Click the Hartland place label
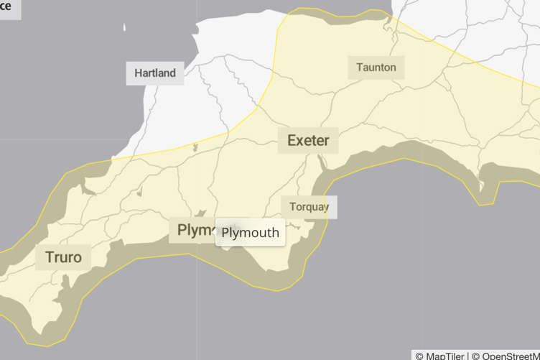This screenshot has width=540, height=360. [154, 73]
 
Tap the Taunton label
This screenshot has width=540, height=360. [376, 68]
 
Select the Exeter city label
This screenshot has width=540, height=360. [308, 140]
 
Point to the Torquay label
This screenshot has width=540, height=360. [309, 207]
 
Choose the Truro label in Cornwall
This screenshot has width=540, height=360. [63, 257]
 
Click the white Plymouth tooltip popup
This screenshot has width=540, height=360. [250, 233]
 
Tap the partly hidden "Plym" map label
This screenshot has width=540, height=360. [192, 230]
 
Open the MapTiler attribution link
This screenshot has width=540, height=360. [444, 355]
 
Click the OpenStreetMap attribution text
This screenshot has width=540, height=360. [509, 355]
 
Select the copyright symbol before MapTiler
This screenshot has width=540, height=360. [419, 355]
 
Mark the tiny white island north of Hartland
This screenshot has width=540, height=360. [124, 27]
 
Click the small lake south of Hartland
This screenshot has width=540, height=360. [195, 148]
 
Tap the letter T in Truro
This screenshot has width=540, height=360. [49, 257]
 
